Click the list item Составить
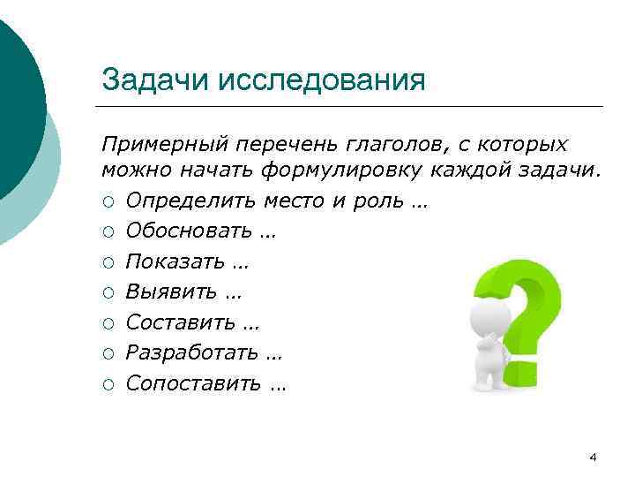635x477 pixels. pyautogui.click(x=181, y=322)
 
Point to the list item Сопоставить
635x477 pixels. pyautogui.click(x=194, y=383)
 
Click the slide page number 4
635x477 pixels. pyautogui.click(x=593, y=457)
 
